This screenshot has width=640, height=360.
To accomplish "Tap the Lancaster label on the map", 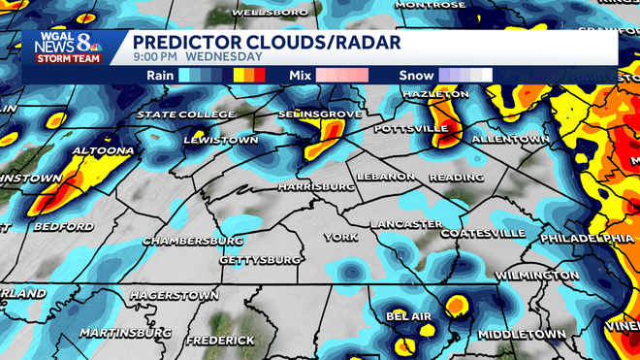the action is [406, 225].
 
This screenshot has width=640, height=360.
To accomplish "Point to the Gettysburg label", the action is [261, 260].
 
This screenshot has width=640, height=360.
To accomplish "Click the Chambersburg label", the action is [193, 240].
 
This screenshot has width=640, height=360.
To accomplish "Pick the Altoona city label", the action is [102, 151].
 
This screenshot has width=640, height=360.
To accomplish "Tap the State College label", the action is [185, 115].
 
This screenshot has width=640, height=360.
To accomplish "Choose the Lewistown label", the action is [222, 141].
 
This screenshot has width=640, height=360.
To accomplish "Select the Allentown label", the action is [510, 140].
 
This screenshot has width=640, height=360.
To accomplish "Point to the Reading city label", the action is [456, 178].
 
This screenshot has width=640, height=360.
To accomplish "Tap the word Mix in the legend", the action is [301, 74].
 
